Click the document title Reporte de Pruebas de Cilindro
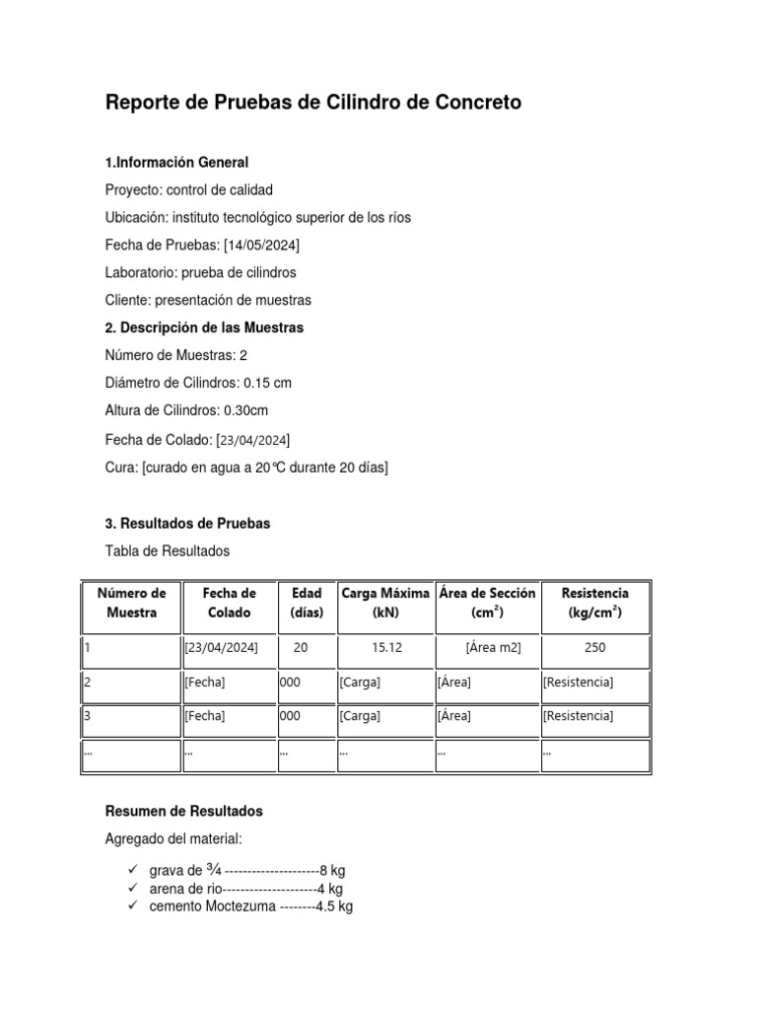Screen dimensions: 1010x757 pos(313,103)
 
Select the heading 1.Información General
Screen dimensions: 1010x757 pos(176,162)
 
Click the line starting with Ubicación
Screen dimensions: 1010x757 pos(258,217)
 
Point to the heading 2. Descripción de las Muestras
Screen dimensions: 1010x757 pos(204,327)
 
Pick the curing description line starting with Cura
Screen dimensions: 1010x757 pos(246,468)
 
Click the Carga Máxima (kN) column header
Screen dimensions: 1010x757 pos(384,603)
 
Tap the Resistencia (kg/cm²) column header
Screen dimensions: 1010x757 pos(594,603)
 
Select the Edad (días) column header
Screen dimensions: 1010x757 pos(307,603)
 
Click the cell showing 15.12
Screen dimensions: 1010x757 pos(385,648)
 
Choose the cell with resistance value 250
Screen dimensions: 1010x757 pos(594,648)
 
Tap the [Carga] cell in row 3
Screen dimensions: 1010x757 pos(360,716)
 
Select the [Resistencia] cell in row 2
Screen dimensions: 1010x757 pos(578,683)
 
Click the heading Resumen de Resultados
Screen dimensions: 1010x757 pos(183,811)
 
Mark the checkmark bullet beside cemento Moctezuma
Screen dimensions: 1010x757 pos(133,906)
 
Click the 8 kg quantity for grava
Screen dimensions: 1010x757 pos(332,871)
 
